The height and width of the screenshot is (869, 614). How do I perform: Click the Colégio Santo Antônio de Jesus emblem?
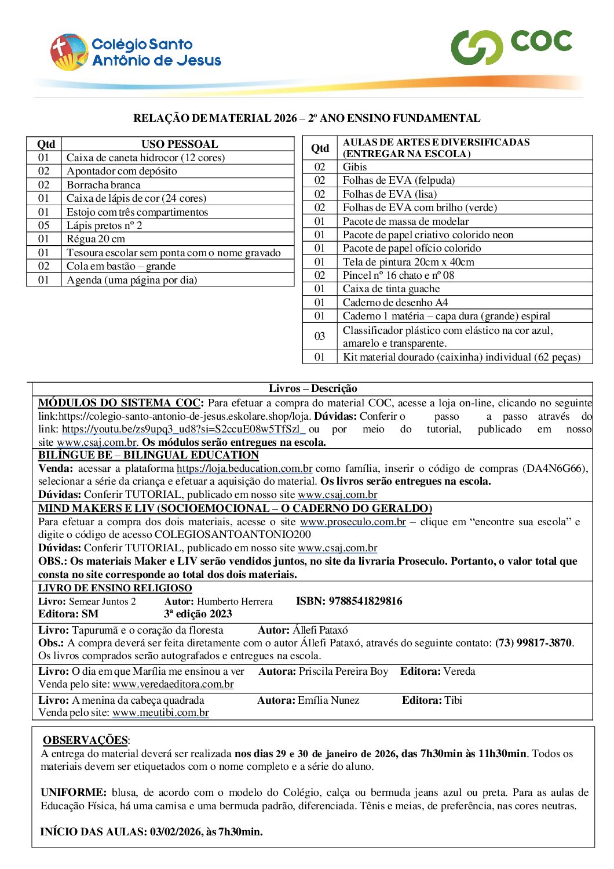(x=68, y=52)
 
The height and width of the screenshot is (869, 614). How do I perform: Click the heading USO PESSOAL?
(x=180, y=144)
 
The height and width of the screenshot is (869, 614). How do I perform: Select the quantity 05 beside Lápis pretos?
(x=44, y=226)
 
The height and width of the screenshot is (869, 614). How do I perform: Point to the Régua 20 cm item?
(x=96, y=239)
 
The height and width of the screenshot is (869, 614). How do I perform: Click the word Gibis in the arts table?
(x=354, y=167)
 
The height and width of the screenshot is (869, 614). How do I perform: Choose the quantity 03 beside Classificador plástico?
(x=320, y=336)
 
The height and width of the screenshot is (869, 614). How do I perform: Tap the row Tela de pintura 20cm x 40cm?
(x=408, y=262)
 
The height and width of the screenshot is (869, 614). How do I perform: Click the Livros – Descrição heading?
(x=313, y=388)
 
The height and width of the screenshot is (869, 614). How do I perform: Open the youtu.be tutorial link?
(x=183, y=430)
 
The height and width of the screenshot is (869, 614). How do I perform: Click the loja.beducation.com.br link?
(x=244, y=468)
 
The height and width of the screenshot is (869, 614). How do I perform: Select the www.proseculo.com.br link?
(x=353, y=522)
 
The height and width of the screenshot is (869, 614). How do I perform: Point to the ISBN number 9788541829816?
(x=366, y=601)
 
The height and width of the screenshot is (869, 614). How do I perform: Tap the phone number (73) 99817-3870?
(x=533, y=643)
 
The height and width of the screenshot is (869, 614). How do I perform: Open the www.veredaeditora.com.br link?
(x=173, y=684)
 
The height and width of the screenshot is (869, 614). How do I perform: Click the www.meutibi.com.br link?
(x=160, y=712)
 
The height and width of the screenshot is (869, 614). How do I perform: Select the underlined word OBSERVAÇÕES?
(x=85, y=740)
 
